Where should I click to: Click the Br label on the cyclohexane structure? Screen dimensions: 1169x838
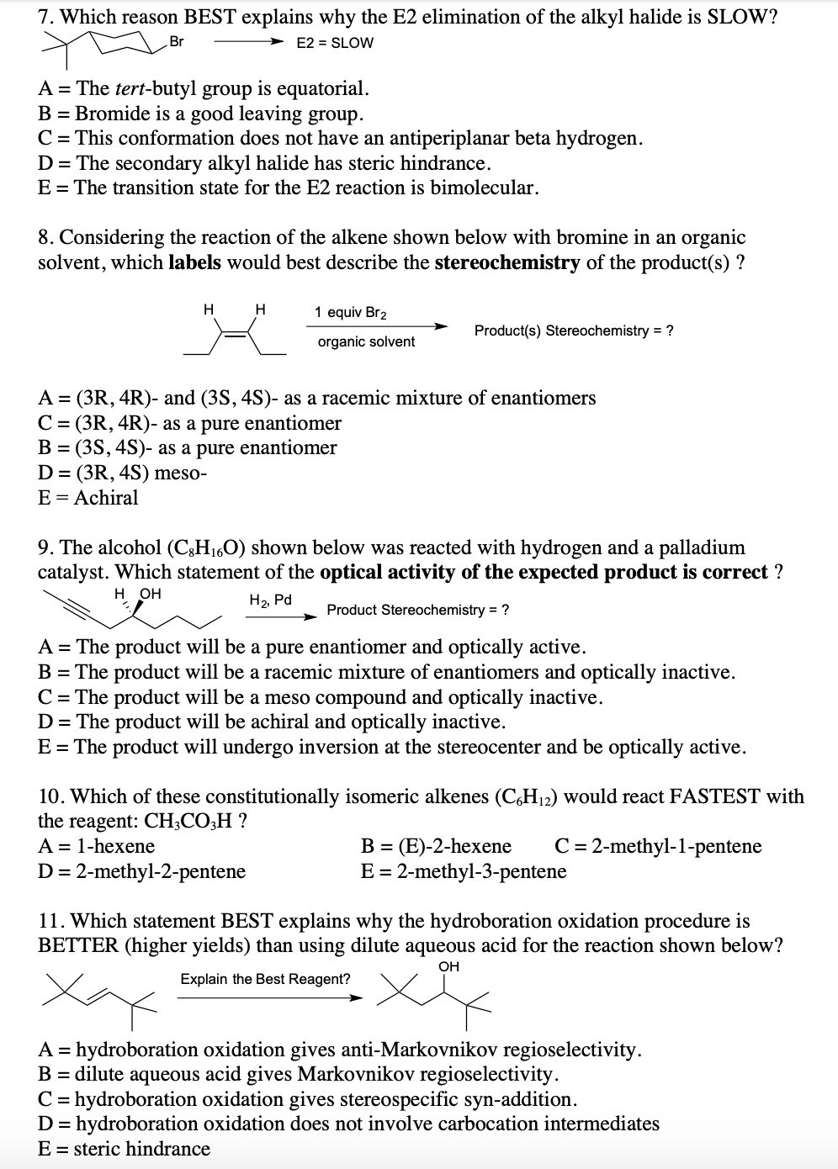tap(177, 41)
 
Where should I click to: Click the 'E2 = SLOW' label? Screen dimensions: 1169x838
tap(335, 43)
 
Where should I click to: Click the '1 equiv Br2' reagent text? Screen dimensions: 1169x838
tap(350, 312)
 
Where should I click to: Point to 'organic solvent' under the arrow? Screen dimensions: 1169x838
tap(366, 341)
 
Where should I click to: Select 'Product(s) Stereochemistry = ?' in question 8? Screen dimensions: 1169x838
tap(574, 331)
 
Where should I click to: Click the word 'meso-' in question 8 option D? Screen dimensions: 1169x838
tap(180, 473)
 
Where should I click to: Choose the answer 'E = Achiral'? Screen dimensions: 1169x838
tap(88, 498)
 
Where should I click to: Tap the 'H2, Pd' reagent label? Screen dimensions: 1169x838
tap(270, 600)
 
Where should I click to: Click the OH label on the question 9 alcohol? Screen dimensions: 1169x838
tap(150, 594)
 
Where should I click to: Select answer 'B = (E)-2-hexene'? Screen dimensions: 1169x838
tap(436, 846)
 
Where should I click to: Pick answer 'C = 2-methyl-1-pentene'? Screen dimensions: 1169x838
tap(658, 846)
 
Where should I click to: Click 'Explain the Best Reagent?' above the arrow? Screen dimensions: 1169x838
tap(265, 979)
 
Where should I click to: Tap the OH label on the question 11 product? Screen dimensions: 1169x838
tap(449, 967)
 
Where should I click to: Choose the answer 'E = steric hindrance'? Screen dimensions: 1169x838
tap(125, 1149)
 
